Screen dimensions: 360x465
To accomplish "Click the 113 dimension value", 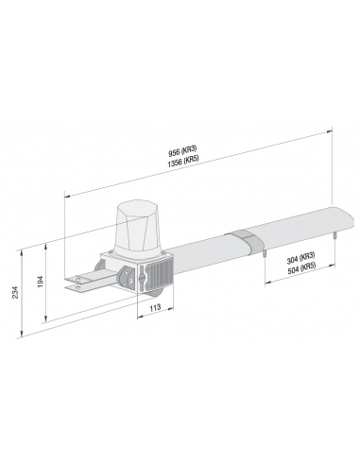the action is pyautogui.click(x=155, y=307).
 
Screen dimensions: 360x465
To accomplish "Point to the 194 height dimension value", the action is pyautogui.click(x=41, y=283).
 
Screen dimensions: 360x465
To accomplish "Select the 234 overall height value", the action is pyautogui.click(x=16, y=293).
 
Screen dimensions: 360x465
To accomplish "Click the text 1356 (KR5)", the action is pyautogui.click(x=183, y=162).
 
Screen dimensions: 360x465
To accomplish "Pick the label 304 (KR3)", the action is pyautogui.click(x=300, y=259).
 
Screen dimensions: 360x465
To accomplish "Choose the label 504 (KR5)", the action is pyautogui.click(x=301, y=268).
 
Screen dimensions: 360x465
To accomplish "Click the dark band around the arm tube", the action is pyautogui.click(x=244, y=241).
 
